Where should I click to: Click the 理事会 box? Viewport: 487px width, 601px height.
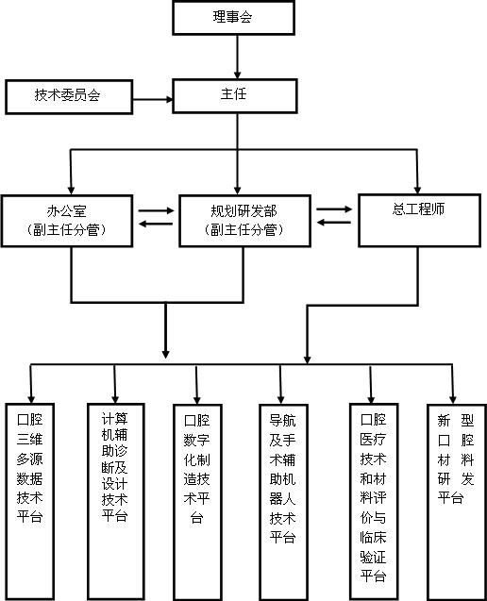pos(233,18)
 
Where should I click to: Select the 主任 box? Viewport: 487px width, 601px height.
pos(235,96)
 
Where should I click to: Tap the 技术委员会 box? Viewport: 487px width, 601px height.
pos(69,97)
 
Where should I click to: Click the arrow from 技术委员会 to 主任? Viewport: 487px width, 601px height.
pos(153,100)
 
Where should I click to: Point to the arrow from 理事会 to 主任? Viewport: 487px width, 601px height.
pos(237,57)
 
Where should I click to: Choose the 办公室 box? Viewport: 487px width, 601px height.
pos(67,221)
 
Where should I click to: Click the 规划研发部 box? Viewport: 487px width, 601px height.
pos(244,221)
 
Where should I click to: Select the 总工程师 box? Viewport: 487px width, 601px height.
pos(419,221)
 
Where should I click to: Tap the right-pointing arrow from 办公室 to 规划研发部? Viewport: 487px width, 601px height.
pos(156,210)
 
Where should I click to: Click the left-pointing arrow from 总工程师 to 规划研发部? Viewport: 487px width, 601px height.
pos(333,223)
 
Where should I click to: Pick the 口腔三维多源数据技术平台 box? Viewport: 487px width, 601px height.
pos(29,502)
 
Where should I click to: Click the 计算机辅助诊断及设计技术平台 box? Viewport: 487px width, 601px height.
pos(116,502)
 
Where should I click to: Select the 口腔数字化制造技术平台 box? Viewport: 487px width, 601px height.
pos(197,503)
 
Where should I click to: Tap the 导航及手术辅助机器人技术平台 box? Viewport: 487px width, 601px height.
pos(283,503)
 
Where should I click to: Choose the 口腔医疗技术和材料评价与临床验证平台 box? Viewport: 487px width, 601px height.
pos(374,502)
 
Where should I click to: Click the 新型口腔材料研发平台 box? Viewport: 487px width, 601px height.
pos(457,503)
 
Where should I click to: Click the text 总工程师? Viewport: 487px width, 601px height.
pos(418,209)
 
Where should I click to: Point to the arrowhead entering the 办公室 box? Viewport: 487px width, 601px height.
pos(71,191)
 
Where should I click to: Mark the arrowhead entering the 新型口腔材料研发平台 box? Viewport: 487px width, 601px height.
pos(453,399)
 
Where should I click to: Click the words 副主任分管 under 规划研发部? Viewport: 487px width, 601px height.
pos(243,230)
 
